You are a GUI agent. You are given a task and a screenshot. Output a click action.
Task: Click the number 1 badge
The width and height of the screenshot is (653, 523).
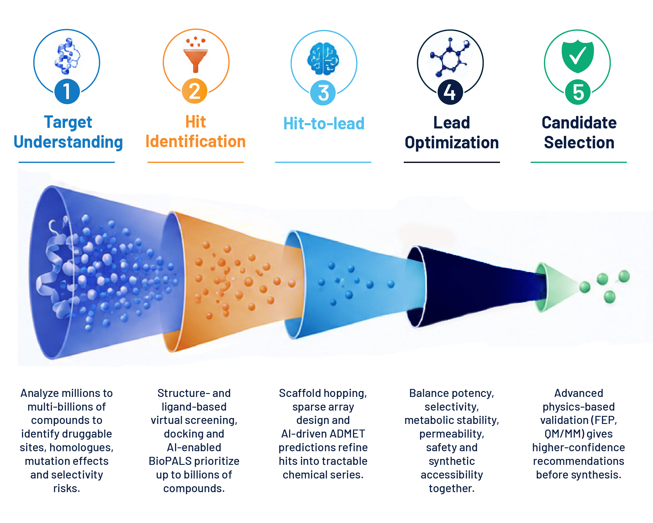point(67,91)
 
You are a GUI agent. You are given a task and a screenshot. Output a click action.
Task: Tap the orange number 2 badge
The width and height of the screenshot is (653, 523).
point(195,91)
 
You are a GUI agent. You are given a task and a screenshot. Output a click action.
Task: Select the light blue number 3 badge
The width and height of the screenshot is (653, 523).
point(323,93)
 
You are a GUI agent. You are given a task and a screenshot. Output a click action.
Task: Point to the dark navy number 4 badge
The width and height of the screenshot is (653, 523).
point(450,92)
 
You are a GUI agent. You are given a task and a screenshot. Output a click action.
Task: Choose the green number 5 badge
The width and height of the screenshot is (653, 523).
point(578,92)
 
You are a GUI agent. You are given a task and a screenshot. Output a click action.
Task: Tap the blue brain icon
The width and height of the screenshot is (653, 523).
point(323,59)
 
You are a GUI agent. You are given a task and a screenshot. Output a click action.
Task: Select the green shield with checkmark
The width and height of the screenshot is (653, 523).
point(578,56)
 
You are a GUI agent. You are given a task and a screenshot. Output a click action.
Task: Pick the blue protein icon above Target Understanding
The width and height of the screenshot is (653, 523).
point(67,56)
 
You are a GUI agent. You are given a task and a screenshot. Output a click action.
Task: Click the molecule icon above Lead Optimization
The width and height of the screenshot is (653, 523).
point(450,57)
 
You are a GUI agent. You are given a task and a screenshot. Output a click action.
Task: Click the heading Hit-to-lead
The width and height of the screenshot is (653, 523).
point(324,123)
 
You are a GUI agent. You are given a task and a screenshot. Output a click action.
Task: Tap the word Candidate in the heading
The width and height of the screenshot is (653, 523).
point(579,123)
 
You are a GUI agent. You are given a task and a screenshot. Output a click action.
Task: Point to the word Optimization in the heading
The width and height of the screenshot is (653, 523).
point(452,143)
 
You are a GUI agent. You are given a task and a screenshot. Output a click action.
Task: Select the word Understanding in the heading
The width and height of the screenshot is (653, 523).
point(68,142)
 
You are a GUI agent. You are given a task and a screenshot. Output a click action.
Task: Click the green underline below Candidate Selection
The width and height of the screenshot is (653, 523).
point(578,162)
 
